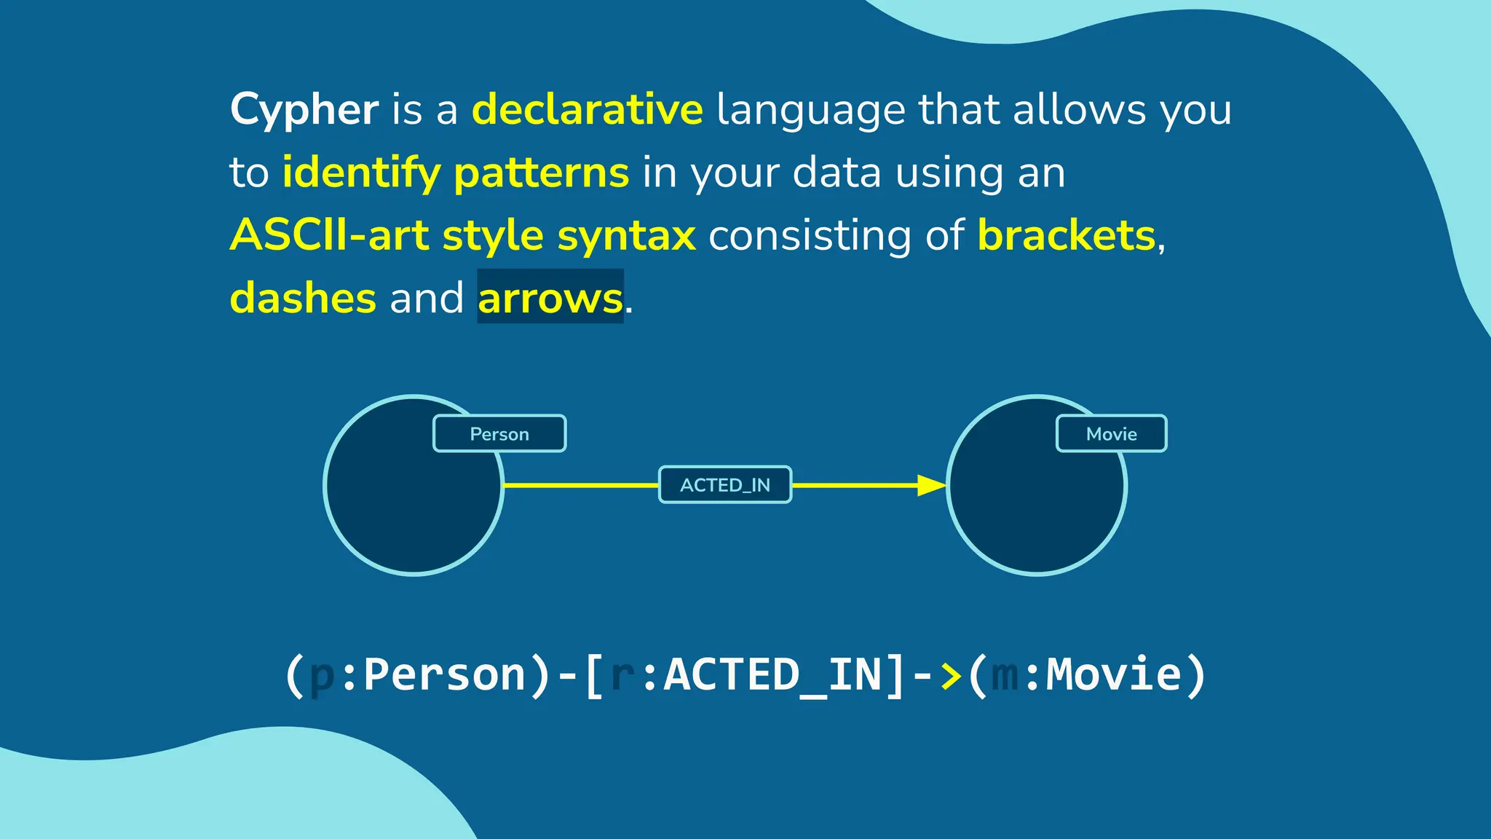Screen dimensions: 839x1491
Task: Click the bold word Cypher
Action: pyautogui.click(x=304, y=110)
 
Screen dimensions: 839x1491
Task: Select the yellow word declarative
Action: pyautogui.click(x=587, y=110)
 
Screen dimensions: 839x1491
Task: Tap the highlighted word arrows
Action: pyautogui.click(x=550, y=299)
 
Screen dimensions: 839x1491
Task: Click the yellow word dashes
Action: pyautogui.click(x=303, y=299)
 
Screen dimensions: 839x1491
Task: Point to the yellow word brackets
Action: pyautogui.click(x=1066, y=236)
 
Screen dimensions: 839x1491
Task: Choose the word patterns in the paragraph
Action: pyautogui.click(x=541, y=173)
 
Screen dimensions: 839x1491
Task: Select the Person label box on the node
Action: pyautogui.click(x=499, y=434)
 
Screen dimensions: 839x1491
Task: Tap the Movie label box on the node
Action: pyautogui.click(x=1111, y=434)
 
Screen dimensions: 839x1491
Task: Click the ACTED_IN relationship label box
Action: pyautogui.click(x=725, y=485)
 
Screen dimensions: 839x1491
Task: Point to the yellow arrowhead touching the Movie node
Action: pyautogui.click(x=930, y=485)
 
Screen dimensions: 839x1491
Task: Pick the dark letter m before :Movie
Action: pyautogui.click(x=1005, y=674)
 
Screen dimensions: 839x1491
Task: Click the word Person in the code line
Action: pyautogui.click(x=444, y=674)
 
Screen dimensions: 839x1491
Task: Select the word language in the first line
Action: pyautogui.click(x=811, y=110)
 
